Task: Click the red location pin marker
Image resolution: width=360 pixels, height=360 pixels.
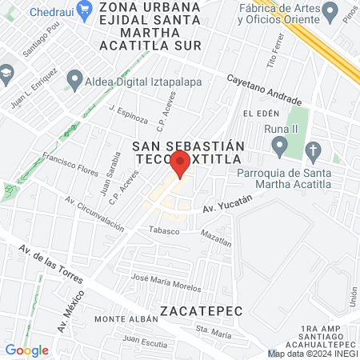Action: (x=180, y=163)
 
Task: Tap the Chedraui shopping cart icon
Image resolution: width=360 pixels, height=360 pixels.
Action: (x=17, y=13)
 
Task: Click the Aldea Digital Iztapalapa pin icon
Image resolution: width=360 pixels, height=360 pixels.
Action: (x=74, y=79)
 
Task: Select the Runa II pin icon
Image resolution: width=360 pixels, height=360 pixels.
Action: (x=279, y=146)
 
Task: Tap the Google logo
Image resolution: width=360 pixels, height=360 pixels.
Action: (x=26, y=350)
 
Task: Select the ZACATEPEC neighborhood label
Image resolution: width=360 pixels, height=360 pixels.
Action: (x=198, y=310)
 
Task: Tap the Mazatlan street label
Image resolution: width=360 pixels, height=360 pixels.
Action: (x=216, y=234)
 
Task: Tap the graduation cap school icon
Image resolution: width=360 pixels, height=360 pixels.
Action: (x=6, y=73)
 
